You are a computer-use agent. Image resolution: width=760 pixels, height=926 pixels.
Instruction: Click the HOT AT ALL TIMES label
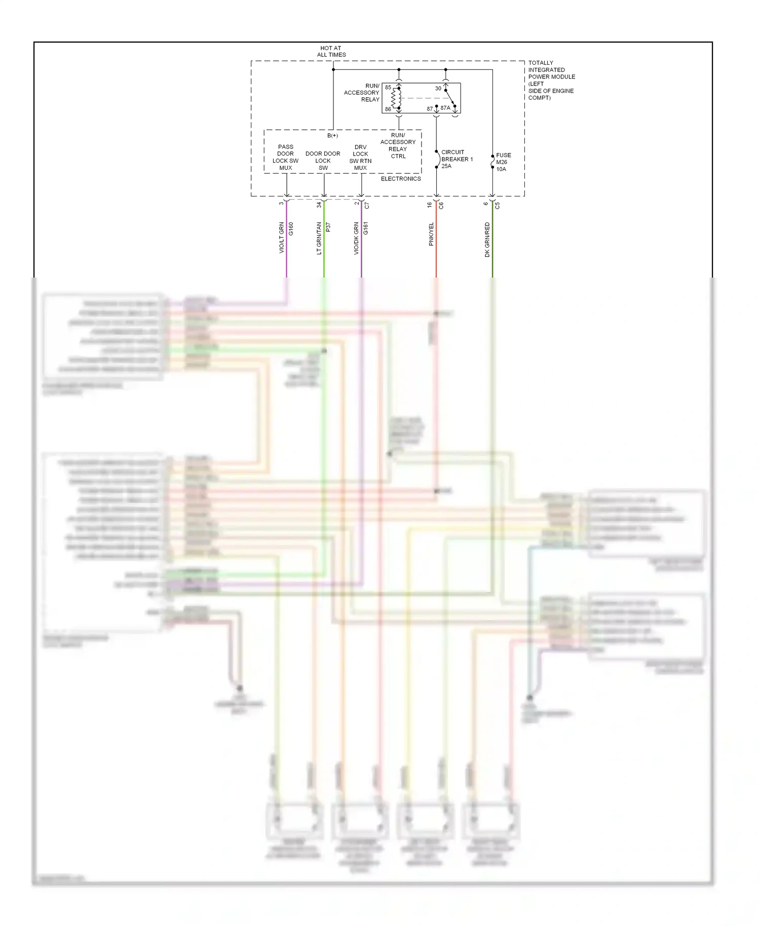(331, 52)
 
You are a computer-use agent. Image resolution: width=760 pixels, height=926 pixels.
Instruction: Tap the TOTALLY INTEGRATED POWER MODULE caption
(551, 80)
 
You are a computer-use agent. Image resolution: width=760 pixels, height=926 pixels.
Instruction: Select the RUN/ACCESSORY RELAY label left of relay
(362, 93)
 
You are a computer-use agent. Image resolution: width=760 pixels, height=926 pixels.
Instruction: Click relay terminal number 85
(388, 88)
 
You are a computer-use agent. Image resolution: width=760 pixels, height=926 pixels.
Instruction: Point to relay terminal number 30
(438, 89)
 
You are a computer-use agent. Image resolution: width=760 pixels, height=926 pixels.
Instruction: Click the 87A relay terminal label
(445, 108)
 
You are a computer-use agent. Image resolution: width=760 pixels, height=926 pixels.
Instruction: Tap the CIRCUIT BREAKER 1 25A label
(456, 159)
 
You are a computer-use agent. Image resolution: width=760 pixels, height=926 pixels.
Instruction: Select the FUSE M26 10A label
(503, 162)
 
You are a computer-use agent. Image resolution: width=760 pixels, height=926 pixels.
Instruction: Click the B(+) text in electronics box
(332, 136)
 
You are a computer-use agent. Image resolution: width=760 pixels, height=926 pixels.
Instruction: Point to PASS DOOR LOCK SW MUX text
(285, 157)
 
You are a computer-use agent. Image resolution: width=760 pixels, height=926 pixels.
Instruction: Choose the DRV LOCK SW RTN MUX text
(360, 158)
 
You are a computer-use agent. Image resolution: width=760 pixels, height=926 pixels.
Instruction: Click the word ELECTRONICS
(401, 179)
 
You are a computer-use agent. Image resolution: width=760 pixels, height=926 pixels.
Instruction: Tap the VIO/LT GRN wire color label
(282, 238)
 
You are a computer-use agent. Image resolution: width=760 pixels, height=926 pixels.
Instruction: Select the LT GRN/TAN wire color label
(319, 238)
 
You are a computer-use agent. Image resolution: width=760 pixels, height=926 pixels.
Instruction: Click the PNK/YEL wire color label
(431, 234)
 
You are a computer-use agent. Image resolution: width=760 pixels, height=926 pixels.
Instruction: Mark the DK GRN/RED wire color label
(487, 240)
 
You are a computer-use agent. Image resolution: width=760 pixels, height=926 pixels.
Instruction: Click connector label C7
(367, 206)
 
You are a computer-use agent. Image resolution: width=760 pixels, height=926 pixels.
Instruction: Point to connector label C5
(498, 206)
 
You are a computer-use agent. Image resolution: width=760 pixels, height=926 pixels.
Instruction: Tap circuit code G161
(366, 228)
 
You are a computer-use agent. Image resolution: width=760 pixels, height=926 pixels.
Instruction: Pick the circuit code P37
(328, 227)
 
